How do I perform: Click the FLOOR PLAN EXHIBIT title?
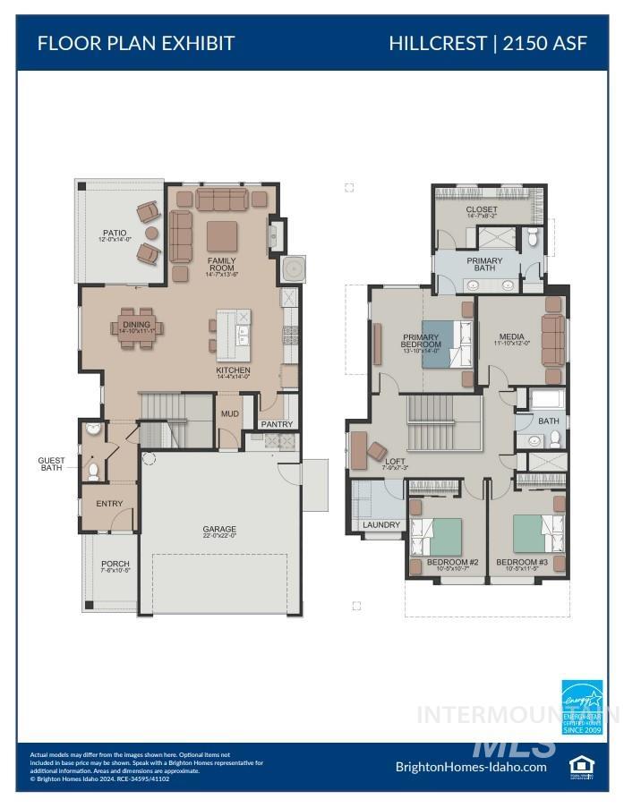click(135, 43)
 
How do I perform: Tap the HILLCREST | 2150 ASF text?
click(488, 43)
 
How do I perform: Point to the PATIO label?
click(115, 234)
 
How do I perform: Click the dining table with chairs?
click(137, 326)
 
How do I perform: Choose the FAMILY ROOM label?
click(222, 266)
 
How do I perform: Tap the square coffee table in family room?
click(222, 236)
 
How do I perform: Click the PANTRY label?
click(277, 424)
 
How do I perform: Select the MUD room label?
click(229, 414)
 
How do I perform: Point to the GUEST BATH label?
click(51, 464)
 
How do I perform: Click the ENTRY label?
click(108, 504)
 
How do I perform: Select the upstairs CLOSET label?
click(482, 210)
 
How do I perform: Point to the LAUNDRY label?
click(381, 525)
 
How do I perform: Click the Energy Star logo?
click(582, 707)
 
